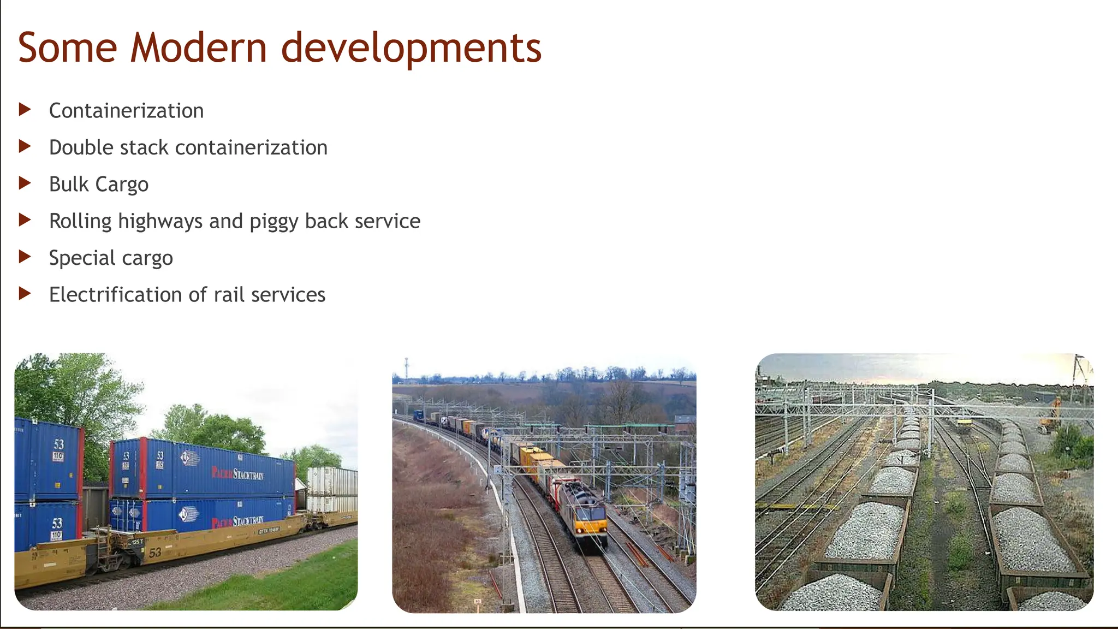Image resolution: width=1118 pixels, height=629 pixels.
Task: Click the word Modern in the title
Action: pyautogui.click(x=198, y=48)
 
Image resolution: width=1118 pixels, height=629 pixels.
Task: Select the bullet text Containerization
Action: pyautogui.click(x=126, y=111)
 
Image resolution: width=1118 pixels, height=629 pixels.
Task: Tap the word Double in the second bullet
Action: pyautogui.click(x=81, y=147)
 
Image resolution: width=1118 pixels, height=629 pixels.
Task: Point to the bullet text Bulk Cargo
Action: pyautogui.click(x=99, y=185)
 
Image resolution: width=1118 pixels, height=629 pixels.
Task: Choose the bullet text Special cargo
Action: pyautogui.click(x=111, y=258)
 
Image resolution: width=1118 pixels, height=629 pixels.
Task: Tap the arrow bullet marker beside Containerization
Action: pyautogui.click(x=25, y=110)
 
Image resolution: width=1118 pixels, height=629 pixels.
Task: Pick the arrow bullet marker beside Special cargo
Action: pyautogui.click(x=25, y=257)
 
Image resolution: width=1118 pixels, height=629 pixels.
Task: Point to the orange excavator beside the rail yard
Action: pyautogui.click(x=1050, y=416)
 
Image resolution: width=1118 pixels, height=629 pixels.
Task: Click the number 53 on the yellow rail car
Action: pyautogui.click(x=155, y=553)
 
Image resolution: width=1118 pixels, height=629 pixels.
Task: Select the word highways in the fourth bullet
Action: pyautogui.click(x=161, y=222)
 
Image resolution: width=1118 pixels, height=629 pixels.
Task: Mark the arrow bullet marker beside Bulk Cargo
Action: pyautogui.click(x=25, y=183)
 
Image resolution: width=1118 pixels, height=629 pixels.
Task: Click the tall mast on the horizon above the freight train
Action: pyautogui.click(x=406, y=369)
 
